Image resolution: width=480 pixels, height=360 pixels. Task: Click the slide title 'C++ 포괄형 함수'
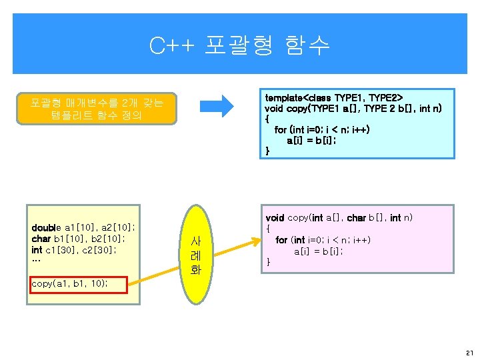[x=239, y=45]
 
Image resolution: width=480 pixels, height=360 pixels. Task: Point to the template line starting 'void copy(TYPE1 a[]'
[x=353, y=108]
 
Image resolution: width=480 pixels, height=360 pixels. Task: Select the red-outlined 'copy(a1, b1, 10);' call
[x=69, y=283]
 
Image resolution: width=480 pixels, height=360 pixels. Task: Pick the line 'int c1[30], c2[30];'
[x=75, y=250]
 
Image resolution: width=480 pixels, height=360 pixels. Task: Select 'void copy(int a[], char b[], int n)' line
[x=339, y=218]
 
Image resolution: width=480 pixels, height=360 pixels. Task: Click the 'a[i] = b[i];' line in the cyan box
[x=311, y=141]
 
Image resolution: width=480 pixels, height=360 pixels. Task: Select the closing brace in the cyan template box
[x=268, y=151]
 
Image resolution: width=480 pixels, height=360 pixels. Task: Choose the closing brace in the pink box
[x=269, y=261]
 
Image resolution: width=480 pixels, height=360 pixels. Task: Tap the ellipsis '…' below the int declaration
[x=36, y=261]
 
